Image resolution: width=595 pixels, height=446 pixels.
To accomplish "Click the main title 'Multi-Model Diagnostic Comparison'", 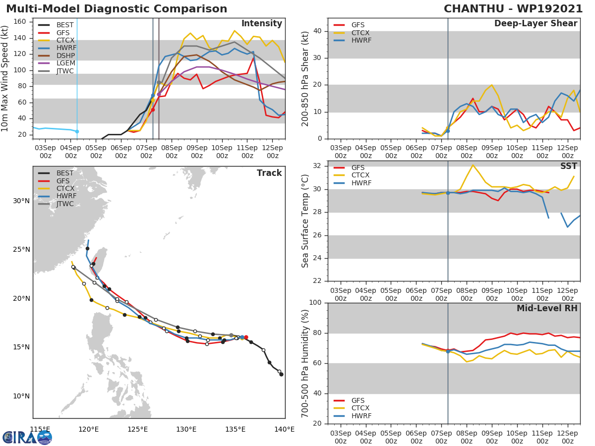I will click(117, 9).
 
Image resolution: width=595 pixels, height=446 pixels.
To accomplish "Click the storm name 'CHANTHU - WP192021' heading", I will click(513, 9).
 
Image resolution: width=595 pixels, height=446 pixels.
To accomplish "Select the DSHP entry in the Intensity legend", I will click(65, 56).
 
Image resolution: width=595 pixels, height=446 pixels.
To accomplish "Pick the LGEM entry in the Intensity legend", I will click(65, 63).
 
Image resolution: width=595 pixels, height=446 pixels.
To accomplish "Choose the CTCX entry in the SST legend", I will click(360, 175).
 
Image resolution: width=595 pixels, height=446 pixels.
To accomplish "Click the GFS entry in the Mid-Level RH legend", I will click(358, 400).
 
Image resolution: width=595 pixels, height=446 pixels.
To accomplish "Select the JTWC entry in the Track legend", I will click(65, 204).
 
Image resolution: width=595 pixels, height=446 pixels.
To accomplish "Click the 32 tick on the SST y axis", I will click(318, 166).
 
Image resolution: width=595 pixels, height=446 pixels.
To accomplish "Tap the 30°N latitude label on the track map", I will click(21, 201).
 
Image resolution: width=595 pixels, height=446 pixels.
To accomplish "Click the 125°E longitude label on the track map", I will click(137, 429).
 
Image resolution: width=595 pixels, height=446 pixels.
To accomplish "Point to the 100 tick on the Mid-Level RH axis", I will click(316, 303).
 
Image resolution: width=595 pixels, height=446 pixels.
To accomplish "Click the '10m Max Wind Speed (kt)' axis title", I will click(5, 78).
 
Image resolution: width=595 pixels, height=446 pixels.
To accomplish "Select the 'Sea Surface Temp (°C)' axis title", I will click(305, 220).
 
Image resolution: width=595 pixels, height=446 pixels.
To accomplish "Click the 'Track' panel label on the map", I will click(269, 173).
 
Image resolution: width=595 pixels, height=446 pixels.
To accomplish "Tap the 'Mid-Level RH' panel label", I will click(547, 309).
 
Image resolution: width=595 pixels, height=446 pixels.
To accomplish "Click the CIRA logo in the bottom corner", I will click(27, 437).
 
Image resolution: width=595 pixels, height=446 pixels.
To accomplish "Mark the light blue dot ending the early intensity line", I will click(77, 131).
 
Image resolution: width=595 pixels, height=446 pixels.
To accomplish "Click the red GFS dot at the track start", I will click(246, 337).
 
